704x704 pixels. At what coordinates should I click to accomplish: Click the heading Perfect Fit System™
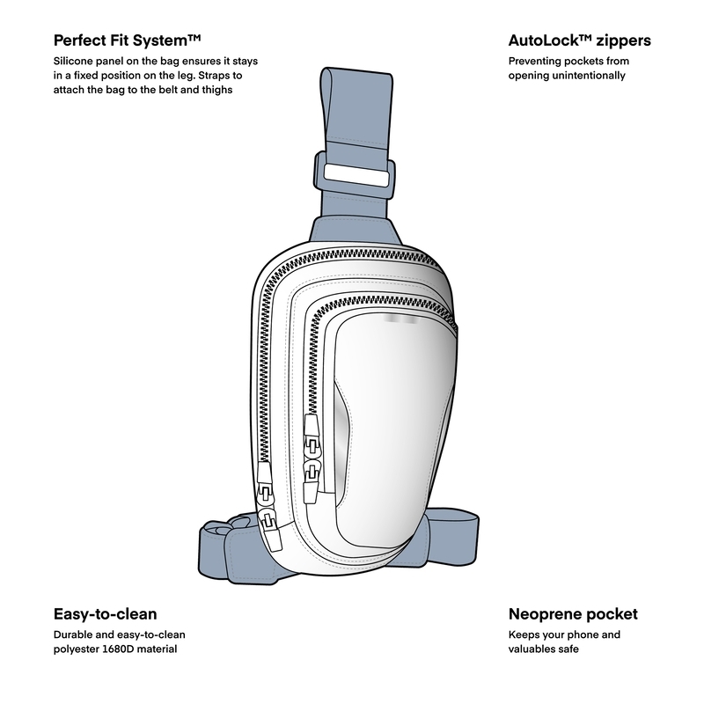click(x=128, y=40)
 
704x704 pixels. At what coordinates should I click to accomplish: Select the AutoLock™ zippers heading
click(x=579, y=40)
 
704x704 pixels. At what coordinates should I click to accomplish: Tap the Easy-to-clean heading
click(x=106, y=614)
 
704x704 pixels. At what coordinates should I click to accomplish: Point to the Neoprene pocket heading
click(x=573, y=614)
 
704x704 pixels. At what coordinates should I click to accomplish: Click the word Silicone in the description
click(x=77, y=62)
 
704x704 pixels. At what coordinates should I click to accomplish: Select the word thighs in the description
click(x=213, y=90)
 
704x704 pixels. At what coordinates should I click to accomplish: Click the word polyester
click(x=79, y=649)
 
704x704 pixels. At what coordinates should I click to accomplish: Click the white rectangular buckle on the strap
click(x=356, y=174)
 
